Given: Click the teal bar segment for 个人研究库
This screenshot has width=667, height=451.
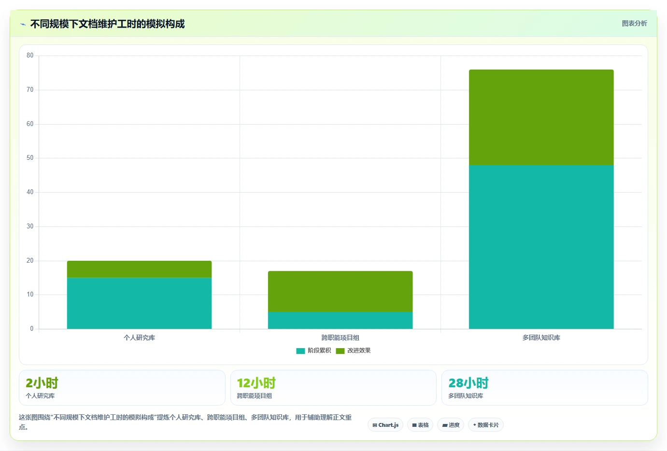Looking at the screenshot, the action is (140, 303).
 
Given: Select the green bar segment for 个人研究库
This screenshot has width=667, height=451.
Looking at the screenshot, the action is (140, 269).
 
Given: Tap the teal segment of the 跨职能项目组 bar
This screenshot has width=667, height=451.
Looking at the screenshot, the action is (341, 320).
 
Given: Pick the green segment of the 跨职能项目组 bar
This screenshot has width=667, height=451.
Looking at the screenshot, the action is (341, 292).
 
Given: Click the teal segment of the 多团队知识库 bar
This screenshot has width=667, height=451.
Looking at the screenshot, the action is (541, 247).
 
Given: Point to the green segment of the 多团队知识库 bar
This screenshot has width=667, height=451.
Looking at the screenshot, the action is (541, 117).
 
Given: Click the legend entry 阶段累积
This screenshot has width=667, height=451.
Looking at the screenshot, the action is (313, 351).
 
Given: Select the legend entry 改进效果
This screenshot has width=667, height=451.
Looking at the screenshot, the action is (353, 351).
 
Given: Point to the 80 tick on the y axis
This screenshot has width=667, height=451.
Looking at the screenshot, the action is (30, 56).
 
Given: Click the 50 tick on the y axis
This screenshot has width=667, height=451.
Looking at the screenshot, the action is (30, 158).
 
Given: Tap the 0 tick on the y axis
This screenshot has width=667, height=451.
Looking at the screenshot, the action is (31, 329).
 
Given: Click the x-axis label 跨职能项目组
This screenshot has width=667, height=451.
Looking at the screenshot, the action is (341, 338).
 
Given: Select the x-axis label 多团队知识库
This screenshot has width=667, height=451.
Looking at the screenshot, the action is (541, 338).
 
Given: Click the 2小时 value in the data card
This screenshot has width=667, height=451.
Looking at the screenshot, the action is (42, 383).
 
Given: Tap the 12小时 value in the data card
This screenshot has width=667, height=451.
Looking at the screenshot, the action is (256, 383).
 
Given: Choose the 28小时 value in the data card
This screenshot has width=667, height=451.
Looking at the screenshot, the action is (468, 383).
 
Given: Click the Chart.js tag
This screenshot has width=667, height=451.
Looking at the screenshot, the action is (385, 425).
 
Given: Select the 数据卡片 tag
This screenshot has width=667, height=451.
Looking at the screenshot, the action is (486, 425).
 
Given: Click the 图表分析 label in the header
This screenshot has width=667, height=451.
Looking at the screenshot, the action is (634, 23).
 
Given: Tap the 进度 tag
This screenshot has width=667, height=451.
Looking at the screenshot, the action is (451, 425).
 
